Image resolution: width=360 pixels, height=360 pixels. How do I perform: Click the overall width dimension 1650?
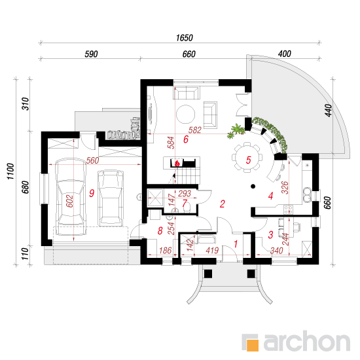click(185, 38)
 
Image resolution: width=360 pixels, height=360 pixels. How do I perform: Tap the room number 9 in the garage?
click(92, 193)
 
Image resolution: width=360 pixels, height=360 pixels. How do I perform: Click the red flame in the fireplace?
click(177, 163)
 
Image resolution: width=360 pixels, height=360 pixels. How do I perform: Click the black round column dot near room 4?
click(253, 186)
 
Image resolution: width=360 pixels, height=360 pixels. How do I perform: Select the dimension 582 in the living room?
click(194, 130)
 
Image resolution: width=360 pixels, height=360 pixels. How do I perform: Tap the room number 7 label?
click(185, 203)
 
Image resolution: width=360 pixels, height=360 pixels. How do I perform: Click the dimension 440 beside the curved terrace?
click(329, 111)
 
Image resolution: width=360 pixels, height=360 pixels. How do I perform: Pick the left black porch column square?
click(208, 274)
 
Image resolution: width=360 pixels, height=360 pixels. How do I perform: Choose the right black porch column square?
click(251, 274)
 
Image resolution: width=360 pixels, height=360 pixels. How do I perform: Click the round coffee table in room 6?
click(185, 114)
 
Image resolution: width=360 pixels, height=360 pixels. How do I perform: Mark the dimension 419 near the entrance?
click(212, 250)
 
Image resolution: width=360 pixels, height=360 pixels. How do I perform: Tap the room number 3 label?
click(271, 234)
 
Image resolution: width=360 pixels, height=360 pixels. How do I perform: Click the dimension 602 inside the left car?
click(69, 201)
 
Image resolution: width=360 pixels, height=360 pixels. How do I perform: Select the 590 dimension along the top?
click(91, 54)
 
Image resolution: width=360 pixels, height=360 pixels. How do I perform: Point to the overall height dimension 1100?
click(10, 171)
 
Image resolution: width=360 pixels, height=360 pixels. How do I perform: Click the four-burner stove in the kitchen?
click(289, 209)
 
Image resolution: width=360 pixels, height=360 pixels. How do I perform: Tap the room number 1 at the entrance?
click(236, 244)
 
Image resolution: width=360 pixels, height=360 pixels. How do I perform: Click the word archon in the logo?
click(306, 341)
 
